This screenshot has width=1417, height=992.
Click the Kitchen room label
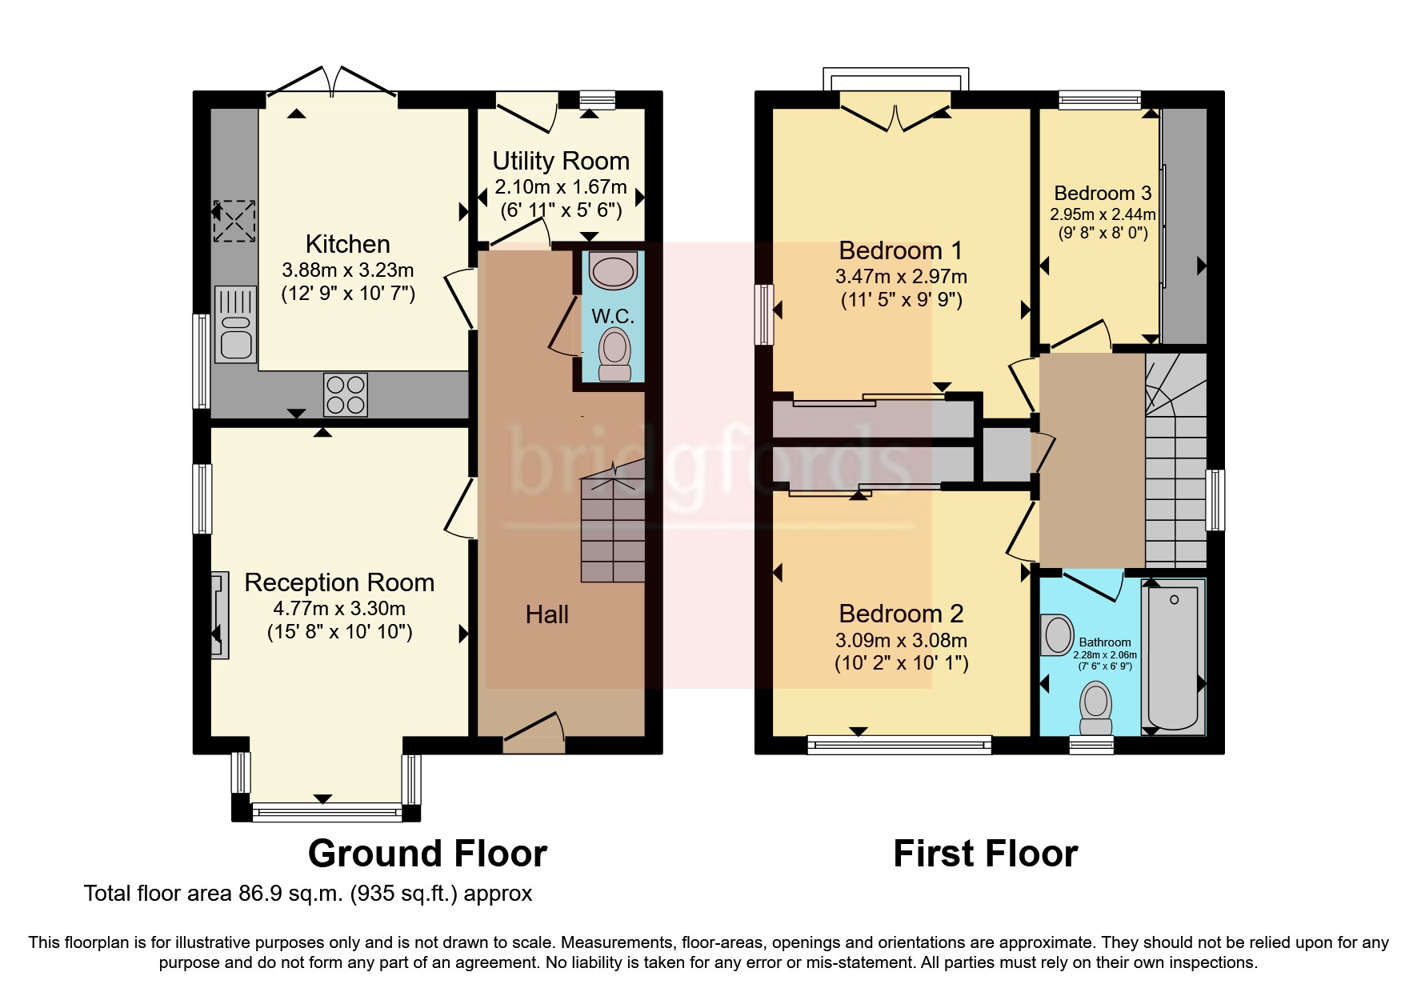(x=347, y=244)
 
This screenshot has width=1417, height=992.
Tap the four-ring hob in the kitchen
(x=346, y=394)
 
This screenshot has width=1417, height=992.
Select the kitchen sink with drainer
(x=235, y=323)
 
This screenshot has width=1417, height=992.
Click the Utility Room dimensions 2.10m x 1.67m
(x=560, y=187)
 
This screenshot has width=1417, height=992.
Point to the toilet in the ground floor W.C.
(x=614, y=354)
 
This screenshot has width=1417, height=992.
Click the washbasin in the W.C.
(x=613, y=270)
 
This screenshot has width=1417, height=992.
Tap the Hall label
(x=546, y=614)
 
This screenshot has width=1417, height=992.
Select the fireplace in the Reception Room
(x=219, y=614)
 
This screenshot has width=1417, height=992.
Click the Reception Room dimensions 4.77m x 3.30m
(x=339, y=608)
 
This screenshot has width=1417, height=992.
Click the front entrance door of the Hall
(x=534, y=732)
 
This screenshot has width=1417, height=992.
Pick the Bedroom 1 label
(x=901, y=250)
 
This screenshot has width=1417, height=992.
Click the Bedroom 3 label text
(x=1103, y=193)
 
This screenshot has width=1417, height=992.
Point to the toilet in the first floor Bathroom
(x=1095, y=707)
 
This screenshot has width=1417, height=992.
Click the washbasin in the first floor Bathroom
(x=1057, y=635)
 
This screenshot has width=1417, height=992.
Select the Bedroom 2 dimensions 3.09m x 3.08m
(x=901, y=640)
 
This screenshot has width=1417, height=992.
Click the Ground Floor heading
(x=427, y=854)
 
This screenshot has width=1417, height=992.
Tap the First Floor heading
(x=985, y=854)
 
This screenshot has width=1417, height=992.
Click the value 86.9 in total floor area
(x=260, y=894)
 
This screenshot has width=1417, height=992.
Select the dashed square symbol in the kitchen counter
(x=234, y=221)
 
